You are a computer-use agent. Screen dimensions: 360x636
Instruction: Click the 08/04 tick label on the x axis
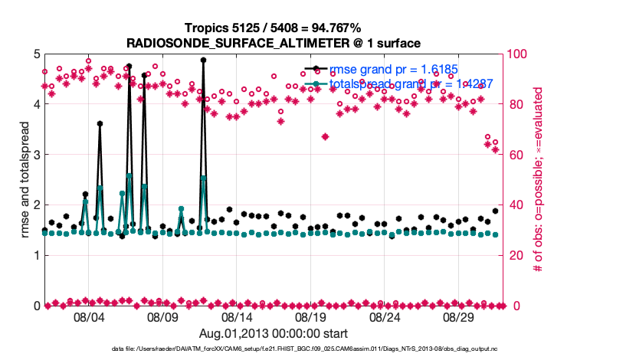point(88,316)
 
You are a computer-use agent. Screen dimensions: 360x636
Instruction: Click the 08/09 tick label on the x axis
point(162,316)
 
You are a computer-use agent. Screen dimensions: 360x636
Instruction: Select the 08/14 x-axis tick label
point(237,316)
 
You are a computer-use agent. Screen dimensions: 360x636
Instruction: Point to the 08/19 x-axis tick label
point(311,316)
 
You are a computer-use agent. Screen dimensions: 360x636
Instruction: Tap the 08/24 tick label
point(385,316)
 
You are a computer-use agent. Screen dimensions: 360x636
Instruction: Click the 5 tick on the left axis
point(34,54)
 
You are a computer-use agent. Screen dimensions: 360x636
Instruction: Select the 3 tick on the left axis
point(34,155)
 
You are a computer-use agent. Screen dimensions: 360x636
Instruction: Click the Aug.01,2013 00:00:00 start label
point(264,334)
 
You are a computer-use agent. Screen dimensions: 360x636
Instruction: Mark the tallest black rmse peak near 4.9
point(203,60)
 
